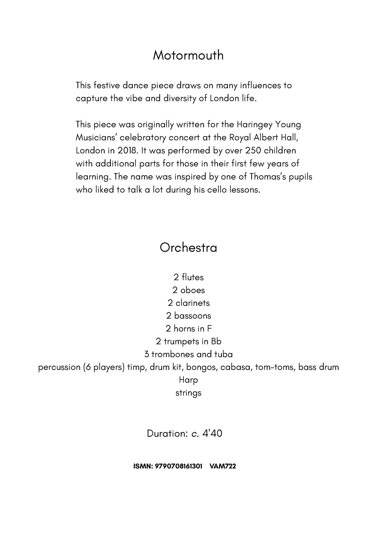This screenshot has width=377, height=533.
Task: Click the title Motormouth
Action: point(188,55)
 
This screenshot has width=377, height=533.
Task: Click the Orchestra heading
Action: point(188,248)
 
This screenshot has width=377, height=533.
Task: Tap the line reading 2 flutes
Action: point(188,277)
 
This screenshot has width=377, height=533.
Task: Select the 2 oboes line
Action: point(188,290)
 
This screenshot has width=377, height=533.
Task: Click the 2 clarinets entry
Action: point(188,303)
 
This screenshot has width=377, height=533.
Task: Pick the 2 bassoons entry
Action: point(188,316)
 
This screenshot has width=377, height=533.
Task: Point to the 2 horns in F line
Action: point(188,329)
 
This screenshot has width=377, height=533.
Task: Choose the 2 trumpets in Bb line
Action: point(188,341)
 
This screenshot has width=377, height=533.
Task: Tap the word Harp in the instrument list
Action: point(188,380)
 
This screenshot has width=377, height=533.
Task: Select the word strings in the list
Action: point(188,393)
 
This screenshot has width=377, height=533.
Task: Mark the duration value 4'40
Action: point(212,434)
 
